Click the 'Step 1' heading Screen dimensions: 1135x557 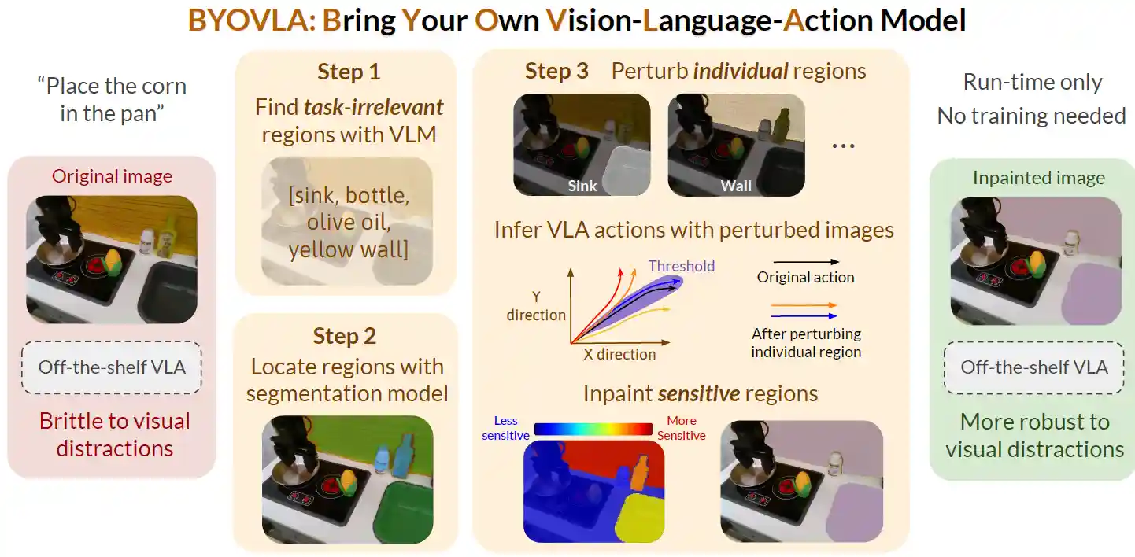[349, 72]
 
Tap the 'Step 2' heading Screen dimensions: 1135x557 [345, 336]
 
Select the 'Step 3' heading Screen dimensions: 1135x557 [556, 71]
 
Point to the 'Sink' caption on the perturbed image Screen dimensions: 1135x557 [582, 186]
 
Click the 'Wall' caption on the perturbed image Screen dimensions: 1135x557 [736, 186]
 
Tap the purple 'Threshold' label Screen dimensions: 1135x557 [682, 266]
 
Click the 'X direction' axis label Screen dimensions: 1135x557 [619, 354]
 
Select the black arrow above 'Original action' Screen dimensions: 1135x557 [806, 262]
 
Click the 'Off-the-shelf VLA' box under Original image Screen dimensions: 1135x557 [112, 367]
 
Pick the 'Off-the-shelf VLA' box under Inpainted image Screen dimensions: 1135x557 [1034, 367]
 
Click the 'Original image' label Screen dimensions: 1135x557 [112, 176]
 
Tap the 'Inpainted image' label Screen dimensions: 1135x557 [1039, 178]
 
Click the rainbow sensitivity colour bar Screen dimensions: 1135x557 [593, 429]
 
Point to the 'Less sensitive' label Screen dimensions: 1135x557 [505, 428]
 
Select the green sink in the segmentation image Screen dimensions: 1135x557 [403, 512]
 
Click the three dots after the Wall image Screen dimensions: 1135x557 [843, 146]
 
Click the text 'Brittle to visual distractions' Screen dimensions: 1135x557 [114, 434]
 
